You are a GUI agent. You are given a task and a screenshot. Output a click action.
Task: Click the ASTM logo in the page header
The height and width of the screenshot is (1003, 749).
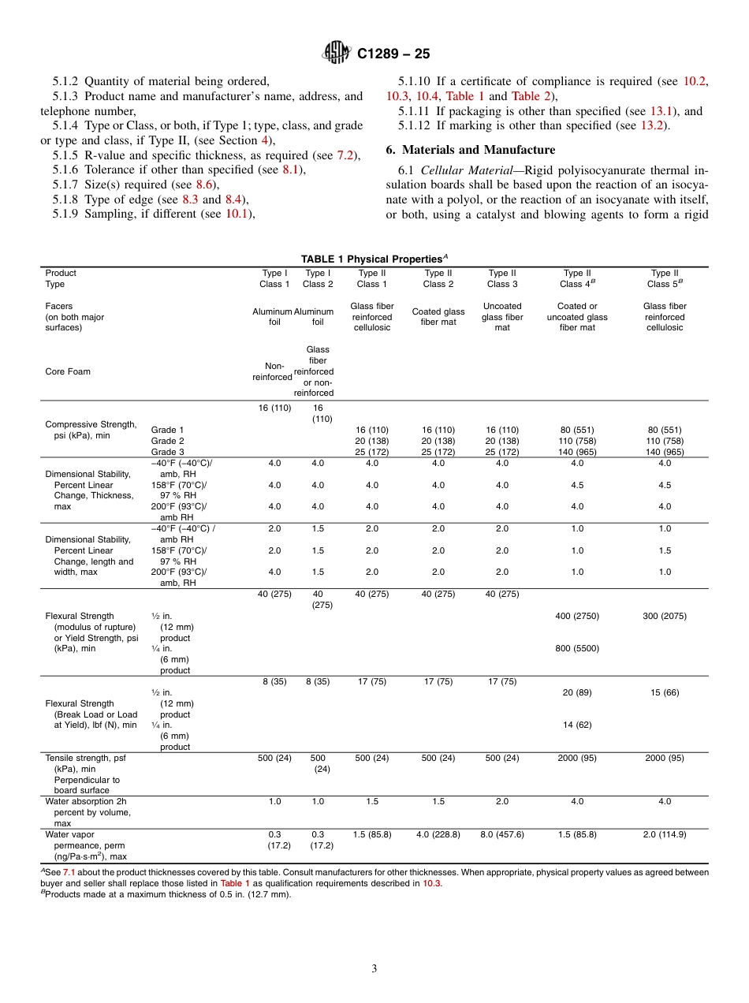click(337, 54)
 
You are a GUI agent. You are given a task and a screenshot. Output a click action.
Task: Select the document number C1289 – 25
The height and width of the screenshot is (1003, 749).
click(393, 54)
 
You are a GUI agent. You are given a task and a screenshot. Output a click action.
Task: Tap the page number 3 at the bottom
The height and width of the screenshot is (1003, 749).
click(374, 969)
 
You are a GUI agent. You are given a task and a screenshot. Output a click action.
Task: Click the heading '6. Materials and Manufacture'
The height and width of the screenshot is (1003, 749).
click(470, 150)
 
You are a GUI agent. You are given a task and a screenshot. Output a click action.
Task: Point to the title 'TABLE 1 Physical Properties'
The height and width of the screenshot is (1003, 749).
click(374, 259)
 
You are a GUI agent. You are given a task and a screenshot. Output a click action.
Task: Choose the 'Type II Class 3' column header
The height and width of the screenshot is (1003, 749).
click(502, 278)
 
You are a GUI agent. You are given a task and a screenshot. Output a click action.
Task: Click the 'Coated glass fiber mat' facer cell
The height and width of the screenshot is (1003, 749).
click(438, 317)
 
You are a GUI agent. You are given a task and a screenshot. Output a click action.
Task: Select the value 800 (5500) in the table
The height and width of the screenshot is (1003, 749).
click(577, 649)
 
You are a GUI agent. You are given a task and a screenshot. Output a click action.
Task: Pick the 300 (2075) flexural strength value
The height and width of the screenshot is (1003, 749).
click(665, 617)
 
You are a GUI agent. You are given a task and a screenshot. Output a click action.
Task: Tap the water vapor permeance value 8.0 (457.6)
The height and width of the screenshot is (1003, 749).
click(502, 834)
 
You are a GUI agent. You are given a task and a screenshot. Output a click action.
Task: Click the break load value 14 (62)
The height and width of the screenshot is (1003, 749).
click(577, 725)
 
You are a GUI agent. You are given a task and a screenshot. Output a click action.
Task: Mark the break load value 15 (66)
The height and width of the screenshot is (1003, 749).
click(665, 692)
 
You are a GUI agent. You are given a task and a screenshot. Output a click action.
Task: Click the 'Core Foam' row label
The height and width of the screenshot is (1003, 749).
click(68, 371)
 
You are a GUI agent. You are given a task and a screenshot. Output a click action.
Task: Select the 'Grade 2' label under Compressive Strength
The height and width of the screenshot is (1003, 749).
click(168, 441)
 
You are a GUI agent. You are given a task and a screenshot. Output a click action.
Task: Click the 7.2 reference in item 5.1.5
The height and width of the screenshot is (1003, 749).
click(345, 155)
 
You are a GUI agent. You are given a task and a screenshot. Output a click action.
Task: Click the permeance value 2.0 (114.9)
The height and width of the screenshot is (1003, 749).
click(665, 834)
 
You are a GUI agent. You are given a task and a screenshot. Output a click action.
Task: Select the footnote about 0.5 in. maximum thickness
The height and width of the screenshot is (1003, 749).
click(168, 895)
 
